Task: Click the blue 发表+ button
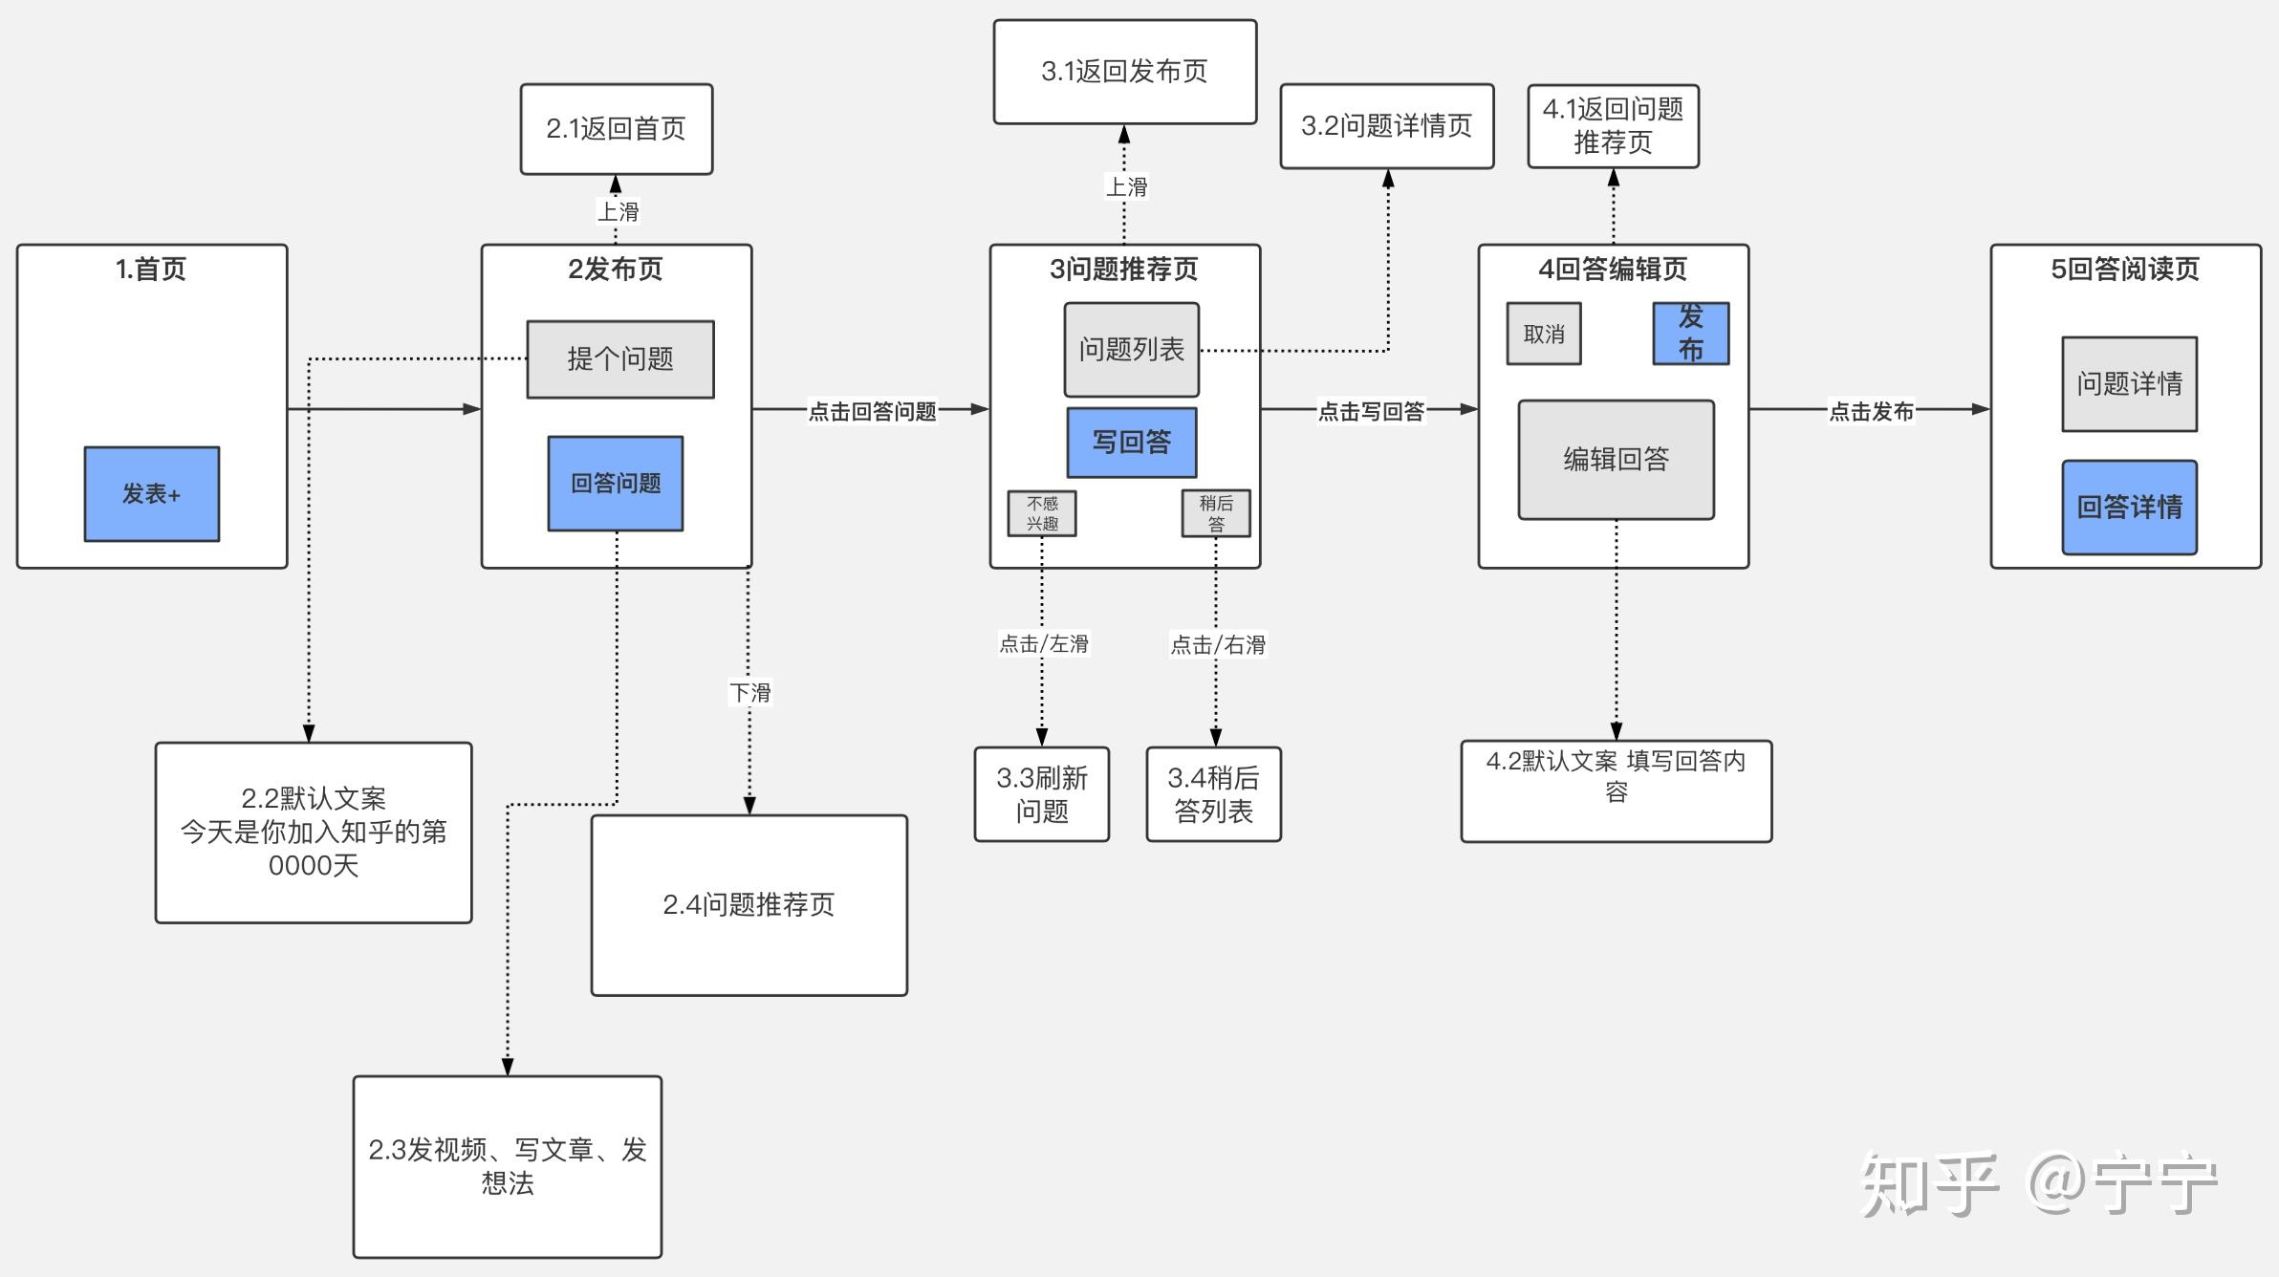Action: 151,493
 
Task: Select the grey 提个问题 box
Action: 619,359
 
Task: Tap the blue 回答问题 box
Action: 615,484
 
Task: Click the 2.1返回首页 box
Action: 616,128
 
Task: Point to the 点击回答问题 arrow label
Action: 872,411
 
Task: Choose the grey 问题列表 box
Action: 1131,350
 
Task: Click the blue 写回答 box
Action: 1131,443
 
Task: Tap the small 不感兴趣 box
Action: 1041,513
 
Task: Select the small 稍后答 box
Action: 1215,513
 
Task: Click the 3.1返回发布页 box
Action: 1124,72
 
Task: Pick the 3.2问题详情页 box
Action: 1386,126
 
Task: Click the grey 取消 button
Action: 1543,334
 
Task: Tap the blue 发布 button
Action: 1690,334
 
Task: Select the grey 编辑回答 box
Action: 1616,460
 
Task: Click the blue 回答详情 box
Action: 2129,508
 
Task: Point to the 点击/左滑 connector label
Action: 1043,644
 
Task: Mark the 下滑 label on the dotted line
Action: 749,692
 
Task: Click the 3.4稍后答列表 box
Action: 1213,794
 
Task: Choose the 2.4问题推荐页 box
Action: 749,904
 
